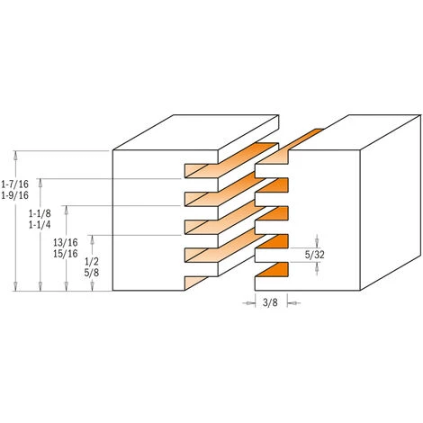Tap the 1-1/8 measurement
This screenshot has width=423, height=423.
(40, 213)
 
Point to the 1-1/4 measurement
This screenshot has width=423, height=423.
(40, 225)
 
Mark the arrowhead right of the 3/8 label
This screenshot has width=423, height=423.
(291, 304)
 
